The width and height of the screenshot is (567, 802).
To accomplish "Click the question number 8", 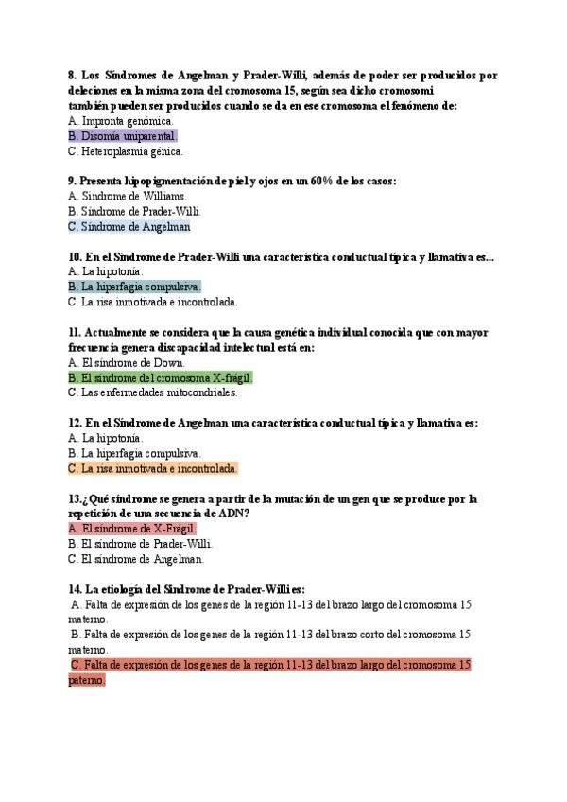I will (x=73, y=76).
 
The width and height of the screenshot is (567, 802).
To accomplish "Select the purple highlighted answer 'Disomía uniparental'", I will (x=123, y=136).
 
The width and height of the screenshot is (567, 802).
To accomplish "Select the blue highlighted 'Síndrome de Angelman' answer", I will (x=129, y=227).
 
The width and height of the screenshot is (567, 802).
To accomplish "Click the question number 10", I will (x=76, y=256).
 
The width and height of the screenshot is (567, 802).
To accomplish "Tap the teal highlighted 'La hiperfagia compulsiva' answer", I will (x=135, y=287).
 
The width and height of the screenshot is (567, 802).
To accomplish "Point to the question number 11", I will (x=75, y=332).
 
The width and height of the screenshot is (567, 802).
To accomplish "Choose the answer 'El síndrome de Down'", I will (x=127, y=362).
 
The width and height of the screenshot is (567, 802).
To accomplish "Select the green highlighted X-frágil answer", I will (x=161, y=377).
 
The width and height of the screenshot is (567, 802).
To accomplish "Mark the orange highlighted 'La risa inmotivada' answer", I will (x=153, y=468).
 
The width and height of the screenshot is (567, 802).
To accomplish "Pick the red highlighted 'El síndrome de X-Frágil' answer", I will (x=131, y=529).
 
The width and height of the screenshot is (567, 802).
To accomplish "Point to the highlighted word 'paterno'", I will (x=86, y=680).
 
